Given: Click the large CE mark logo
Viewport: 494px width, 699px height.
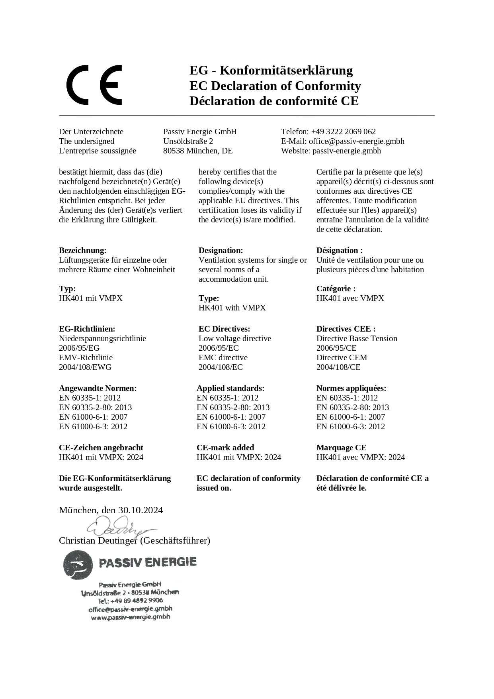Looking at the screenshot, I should (94, 85).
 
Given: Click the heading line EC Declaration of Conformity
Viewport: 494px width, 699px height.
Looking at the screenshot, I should (275, 86).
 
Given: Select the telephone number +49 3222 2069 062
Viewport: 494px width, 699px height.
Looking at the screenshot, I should (343, 132).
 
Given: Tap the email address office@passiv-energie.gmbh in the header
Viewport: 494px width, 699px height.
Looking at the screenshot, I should (356, 141).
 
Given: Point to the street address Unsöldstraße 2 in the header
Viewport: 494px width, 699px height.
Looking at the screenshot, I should (188, 141).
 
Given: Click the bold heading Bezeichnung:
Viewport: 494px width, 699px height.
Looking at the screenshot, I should (82, 250).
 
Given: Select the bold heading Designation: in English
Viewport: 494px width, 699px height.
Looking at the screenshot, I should (221, 250).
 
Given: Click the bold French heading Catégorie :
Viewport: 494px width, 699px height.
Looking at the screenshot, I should (336, 289).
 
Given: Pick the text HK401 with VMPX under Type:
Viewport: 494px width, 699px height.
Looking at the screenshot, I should (232, 308).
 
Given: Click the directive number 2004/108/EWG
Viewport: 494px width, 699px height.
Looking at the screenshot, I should (85, 367).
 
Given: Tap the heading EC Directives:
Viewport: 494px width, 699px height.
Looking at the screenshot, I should (224, 329).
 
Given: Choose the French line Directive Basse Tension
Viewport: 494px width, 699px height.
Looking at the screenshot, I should (357, 338).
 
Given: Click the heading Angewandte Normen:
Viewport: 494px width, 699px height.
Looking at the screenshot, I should (98, 388).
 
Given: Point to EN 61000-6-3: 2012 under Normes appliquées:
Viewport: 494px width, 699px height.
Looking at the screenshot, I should (350, 426).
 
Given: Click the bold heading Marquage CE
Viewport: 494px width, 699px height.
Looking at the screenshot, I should (341, 448).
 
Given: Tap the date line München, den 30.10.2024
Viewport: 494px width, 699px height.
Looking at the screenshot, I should (111, 510).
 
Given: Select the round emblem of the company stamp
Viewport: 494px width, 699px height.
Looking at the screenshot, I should (77, 565).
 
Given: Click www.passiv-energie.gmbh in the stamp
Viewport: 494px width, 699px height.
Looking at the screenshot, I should (130, 617).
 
